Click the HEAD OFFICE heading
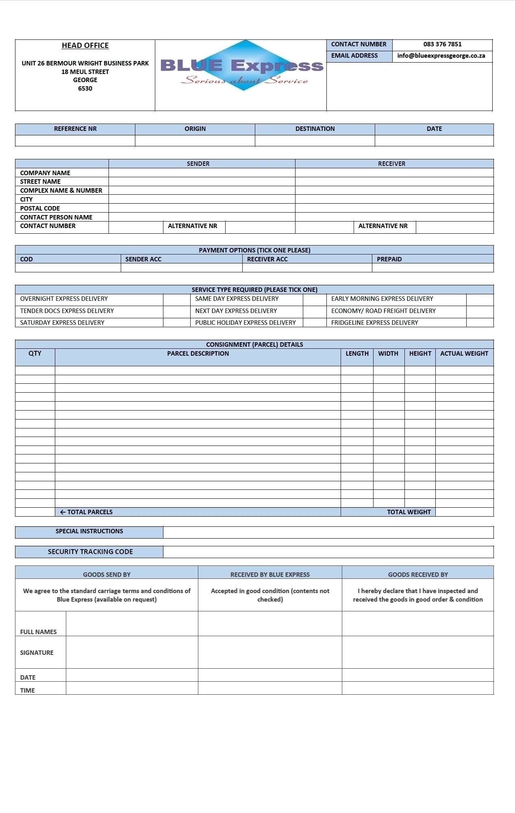85,46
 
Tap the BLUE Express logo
242,66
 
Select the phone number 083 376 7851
442,44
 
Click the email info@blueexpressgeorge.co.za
441,56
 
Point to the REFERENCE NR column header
75,129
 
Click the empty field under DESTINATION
315,141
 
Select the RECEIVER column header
391,164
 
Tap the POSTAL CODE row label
40,209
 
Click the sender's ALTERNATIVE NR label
192,226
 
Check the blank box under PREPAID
432,268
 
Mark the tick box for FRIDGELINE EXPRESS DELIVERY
480,323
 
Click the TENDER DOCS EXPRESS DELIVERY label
67,311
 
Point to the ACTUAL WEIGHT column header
464,354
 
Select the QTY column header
35,354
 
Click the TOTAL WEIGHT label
409,512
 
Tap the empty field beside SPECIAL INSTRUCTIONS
328,533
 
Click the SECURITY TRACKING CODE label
90,552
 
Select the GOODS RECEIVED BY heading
417,575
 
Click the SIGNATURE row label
37,653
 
